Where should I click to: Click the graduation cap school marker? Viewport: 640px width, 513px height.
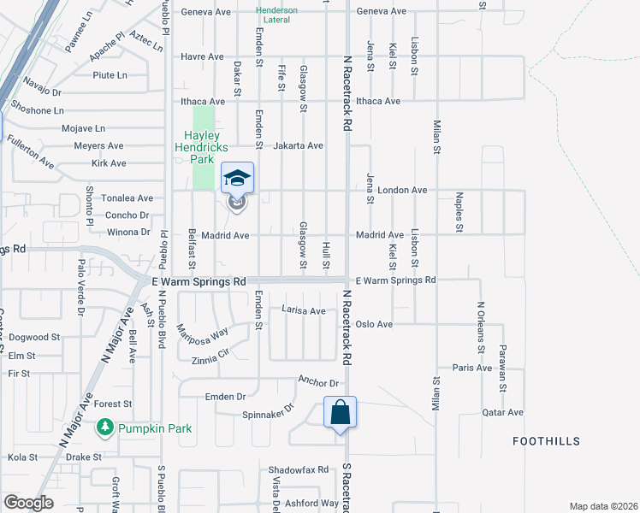tap(238, 178)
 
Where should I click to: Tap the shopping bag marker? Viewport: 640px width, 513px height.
tap(341, 412)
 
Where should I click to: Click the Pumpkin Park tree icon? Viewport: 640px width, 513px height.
tap(105, 426)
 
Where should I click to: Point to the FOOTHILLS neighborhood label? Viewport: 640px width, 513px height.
tap(546, 441)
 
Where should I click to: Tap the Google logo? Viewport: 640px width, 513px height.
tap(27, 503)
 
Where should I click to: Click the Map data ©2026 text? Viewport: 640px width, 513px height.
tap(603, 505)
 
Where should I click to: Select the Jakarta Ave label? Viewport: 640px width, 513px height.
tap(298, 145)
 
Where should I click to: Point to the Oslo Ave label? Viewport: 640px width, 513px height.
tap(374, 324)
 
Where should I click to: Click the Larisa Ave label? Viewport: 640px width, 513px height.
tap(304, 311)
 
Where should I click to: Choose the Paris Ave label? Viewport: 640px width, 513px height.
tap(472, 368)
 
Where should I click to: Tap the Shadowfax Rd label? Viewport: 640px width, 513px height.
tap(299, 469)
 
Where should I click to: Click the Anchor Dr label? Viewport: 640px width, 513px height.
tap(318, 381)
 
